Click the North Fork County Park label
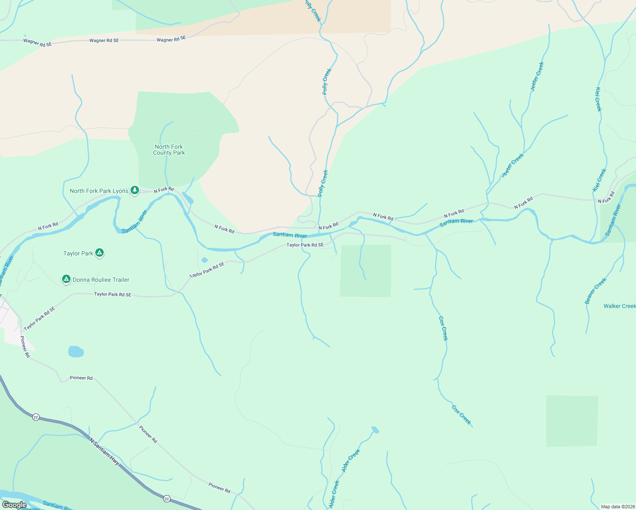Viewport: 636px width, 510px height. [x=169, y=150]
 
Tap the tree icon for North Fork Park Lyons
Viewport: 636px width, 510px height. [x=135, y=190]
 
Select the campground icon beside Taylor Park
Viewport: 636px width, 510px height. [x=99, y=253]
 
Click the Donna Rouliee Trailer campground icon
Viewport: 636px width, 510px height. [x=66, y=279]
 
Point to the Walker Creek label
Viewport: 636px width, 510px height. [x=619, y=306]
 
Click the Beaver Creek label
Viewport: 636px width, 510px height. [x=596, y=291]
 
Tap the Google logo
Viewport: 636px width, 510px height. [x=14, y=505]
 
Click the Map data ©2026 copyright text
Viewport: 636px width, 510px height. [x=617, y=506]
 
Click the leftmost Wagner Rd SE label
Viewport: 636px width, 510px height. [x=37, y=42]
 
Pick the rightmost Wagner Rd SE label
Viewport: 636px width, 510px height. [x=171, y=39]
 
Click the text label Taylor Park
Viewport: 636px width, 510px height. [x=78, y=253]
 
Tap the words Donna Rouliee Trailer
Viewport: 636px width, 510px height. [x=101, y=280]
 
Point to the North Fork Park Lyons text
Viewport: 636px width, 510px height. [x=99, y=191]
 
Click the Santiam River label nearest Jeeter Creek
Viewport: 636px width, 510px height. [x=456, y=221]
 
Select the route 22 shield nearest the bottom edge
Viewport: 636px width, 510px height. [x=167, y=499]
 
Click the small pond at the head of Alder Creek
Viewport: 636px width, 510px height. [x=375, y=430]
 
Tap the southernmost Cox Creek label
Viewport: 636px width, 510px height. [x=461, y=415]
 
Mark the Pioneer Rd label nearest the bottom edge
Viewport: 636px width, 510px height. [x=219, y=487]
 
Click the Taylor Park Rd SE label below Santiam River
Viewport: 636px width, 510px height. [x=305, y=245]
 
